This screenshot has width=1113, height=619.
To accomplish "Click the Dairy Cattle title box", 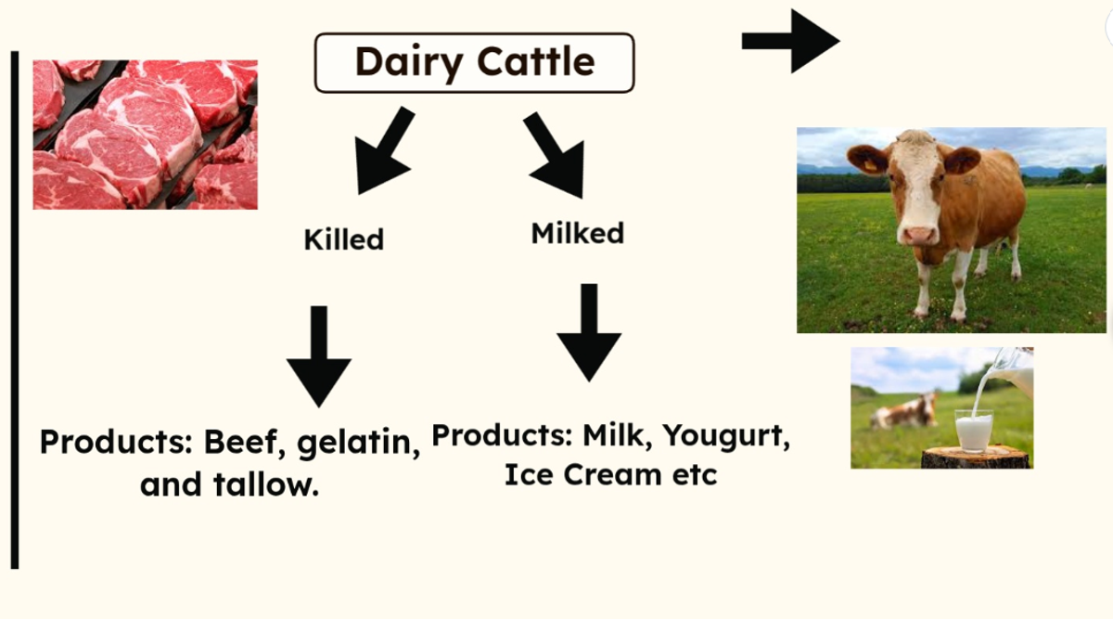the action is coord(475,63).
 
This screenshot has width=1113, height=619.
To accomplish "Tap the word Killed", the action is coord(344,239).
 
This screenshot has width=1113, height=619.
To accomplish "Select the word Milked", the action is coord(577,233).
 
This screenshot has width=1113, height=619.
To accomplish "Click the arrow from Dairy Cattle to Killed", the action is coord(382,150).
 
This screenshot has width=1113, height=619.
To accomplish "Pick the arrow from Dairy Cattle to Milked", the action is coord(556,154).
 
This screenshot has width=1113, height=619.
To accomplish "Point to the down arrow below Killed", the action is coord(319,356).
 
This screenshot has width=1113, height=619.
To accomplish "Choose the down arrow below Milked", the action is coord(589,332).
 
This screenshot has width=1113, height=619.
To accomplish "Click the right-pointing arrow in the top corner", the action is coord(790,41).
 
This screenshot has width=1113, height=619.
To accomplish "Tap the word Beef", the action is coord(240,442).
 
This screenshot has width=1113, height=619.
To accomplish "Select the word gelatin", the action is coord(354,443).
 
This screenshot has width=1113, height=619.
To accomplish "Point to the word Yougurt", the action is coord(725,436).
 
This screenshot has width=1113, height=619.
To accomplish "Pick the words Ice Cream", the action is coord(583,474).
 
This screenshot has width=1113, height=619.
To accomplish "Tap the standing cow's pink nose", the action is coord(919,236).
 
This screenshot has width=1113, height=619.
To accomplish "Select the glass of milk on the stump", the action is coord(974,431).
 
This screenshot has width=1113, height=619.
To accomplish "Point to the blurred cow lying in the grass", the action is coord(902,412).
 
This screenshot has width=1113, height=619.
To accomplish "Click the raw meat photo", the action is coord(145,135).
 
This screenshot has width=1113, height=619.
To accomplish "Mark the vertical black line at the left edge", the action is coord(15,310).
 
